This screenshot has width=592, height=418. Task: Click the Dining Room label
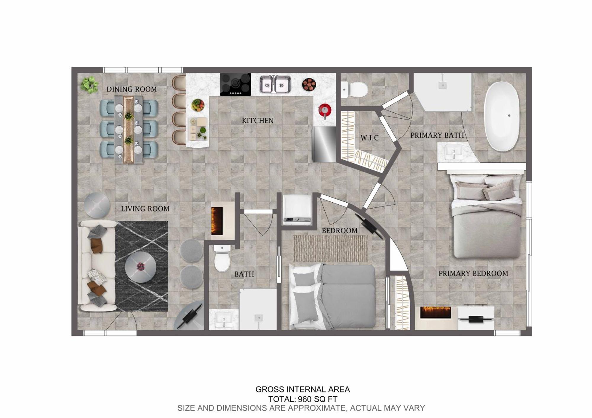pos(131,89)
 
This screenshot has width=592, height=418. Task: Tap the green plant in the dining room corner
pos(89,85)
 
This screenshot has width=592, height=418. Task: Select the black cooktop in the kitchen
pos(235,84)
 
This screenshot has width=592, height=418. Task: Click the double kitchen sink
pos(275,84)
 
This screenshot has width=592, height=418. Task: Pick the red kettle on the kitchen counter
pos(325,111)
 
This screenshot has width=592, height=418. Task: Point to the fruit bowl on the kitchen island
pos(198,105)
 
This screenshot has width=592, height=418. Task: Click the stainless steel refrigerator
pos(324,144)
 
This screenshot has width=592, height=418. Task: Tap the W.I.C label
pos(369,138)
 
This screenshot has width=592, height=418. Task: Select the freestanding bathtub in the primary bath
pos(501,116)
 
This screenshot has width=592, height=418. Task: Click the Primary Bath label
pos(437,135)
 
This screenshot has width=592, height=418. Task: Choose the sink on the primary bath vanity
pos(454,152)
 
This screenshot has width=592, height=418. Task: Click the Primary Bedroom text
pos(473,273)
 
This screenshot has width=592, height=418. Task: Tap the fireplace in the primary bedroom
pos(435,312)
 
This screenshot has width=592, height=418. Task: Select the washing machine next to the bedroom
pos(297,210)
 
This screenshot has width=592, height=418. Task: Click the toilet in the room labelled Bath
pos(222,258)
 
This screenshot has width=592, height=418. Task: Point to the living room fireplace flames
pos(217,221)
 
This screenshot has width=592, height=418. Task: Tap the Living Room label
pos(145,209)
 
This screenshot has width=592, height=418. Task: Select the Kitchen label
pos(258,121)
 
